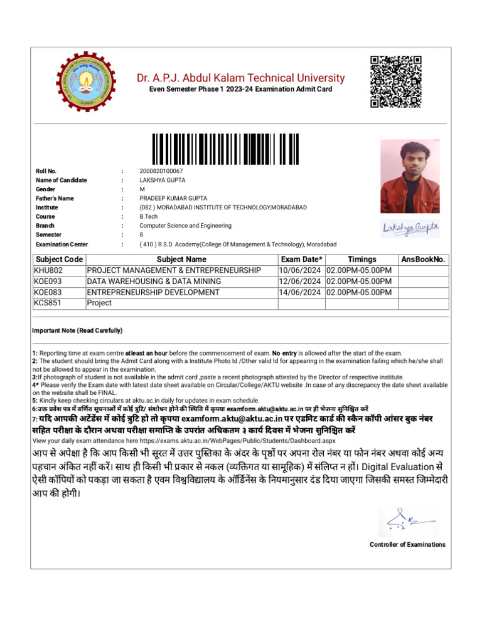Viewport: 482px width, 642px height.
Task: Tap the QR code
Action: point(395,82)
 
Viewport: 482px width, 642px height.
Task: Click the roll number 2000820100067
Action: point(161,171)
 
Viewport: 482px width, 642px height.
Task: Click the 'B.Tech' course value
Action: point(149,216)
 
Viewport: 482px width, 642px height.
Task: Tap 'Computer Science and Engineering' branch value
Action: point(186,226)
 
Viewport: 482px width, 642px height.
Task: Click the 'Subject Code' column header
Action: point(59,260)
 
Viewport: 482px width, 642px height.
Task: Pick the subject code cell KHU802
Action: point(50,270)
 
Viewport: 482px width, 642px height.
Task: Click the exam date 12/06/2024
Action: point(301,282)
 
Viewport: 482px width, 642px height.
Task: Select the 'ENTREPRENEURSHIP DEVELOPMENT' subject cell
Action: point(153,292)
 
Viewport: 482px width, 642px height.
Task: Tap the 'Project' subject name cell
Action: point(99,303)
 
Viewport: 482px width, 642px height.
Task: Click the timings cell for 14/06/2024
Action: point(359,292)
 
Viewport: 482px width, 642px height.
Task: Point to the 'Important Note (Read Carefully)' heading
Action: point(77,330)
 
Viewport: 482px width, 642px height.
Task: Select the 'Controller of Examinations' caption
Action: point(407,544)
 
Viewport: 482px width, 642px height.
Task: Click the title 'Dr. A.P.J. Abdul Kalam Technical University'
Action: point(241,78)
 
